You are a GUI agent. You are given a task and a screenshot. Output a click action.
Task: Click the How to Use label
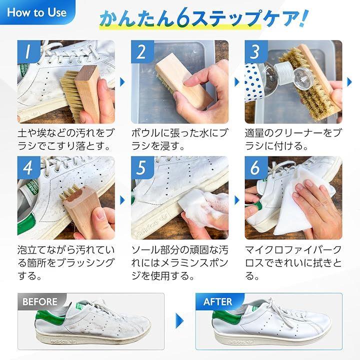[36, 12]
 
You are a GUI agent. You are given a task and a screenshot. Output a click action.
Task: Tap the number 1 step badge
[28, 52]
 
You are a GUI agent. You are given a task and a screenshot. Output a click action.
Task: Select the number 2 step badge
[142, 52]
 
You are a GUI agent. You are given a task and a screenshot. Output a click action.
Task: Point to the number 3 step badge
[256, 52]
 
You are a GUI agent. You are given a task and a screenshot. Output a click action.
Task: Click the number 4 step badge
[28, 168]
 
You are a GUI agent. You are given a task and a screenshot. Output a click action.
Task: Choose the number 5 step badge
[142, 168]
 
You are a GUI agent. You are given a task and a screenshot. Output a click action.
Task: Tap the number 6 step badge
[256, 168]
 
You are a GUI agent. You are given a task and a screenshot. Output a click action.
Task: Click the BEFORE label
[40, 301]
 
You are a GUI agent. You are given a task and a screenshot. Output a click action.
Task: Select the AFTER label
[217, 301]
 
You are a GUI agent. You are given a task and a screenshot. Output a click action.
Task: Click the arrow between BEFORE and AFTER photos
[179, 320]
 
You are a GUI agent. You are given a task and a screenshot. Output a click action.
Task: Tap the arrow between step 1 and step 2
[122, 82]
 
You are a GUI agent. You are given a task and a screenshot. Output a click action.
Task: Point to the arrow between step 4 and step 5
[122, 200]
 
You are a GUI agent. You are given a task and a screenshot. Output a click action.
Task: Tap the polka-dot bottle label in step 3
[253, 82]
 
